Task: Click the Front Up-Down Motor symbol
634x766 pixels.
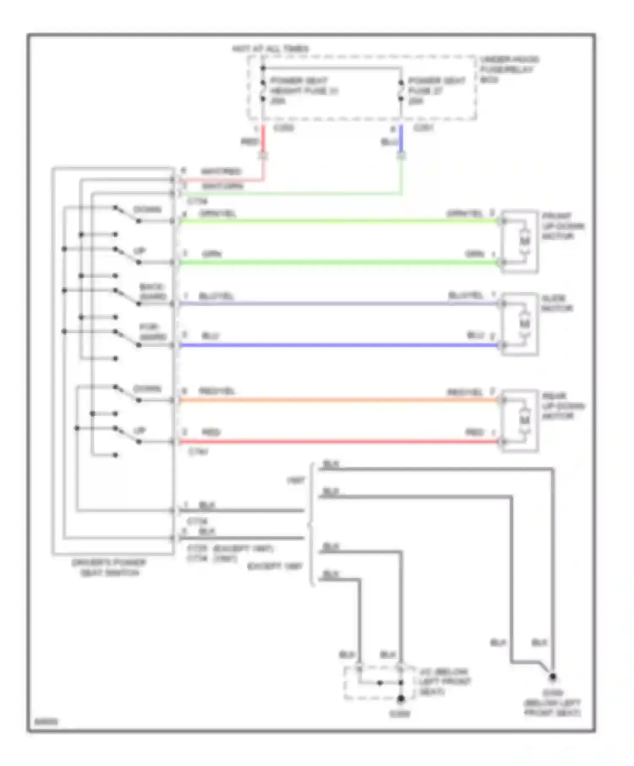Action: pos(524,242)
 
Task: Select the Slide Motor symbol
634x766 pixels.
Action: pos(524,324)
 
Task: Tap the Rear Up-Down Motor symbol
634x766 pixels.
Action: pos(524,421)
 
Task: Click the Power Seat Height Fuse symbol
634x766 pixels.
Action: pos(263,91)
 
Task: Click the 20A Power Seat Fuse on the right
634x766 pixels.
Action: pos(401,91)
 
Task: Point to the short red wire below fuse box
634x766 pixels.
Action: pos(263,139)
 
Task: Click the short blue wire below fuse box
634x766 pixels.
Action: pos(401,139)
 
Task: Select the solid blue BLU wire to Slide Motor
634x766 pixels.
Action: pos(338,345)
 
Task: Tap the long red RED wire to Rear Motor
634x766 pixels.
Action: pos(338,442)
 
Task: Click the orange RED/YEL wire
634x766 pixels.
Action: pos(338,400)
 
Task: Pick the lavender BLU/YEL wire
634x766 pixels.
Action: pos(338,304)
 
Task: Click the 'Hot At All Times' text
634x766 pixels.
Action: pos(271,49)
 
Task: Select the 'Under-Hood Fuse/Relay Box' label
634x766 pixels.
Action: pos(509,69)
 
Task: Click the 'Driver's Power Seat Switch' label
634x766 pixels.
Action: pos(109,568)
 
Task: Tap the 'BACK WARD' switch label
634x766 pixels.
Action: pos(152,292)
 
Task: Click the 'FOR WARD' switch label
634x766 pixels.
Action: pos(152,332)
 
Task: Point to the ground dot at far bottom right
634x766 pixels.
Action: pos(552,677)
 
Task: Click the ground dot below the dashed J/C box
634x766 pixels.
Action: pos(400,699)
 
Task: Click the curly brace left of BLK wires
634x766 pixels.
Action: pos(311,526)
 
